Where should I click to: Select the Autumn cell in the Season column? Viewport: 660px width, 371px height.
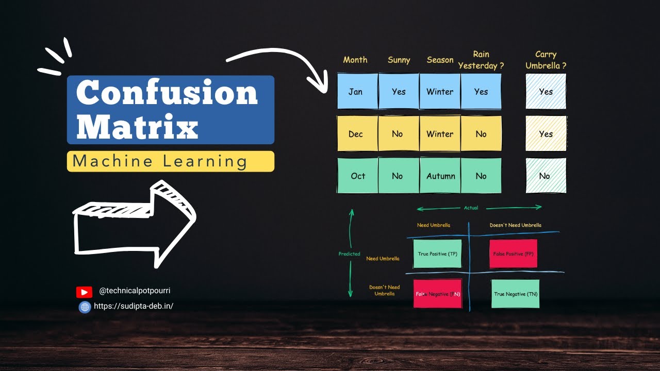pyautogui.click(x=440, y=176)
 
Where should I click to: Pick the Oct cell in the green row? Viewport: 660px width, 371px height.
pyautogui.click(x=357, y=176)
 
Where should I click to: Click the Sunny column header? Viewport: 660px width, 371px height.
pyautogui.click(x=399, y=60)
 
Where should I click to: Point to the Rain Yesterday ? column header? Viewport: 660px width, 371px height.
pyautogui.click(x=481, y=60)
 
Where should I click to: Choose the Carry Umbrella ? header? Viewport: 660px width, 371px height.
pyautogui.click(x=546, y=60)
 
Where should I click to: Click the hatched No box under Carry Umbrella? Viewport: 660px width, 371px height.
pyautogui.click(x=546, y=176)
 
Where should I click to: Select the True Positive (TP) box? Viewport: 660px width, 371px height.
pyautogui.click(x=437, y=254)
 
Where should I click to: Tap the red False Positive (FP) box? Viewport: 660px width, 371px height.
pyautogui.click(x=513, y=254)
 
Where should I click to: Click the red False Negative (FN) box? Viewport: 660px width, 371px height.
pyautogui.click(x=437, y=294)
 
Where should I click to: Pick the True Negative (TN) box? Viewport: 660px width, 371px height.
pyautogui.click(x=515, y=294)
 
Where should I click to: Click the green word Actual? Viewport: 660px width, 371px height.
pyautogui.click(x=471, y=208)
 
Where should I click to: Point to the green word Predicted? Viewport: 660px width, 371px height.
pyautogui.click(x=349, y=254)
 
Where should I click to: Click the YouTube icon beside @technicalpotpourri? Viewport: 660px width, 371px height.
pyautogui.click(x=84, y=292)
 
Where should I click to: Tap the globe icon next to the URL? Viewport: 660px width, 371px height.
pyautogui.click(x=85, y=307)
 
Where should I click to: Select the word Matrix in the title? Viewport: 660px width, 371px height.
pyautogui.click(x=137, y=126)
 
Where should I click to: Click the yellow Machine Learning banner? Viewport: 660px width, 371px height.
pyautogui.click(x=170, y=161)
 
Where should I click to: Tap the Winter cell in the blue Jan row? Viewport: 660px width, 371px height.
pyautogui.click(x=440, y=91)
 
